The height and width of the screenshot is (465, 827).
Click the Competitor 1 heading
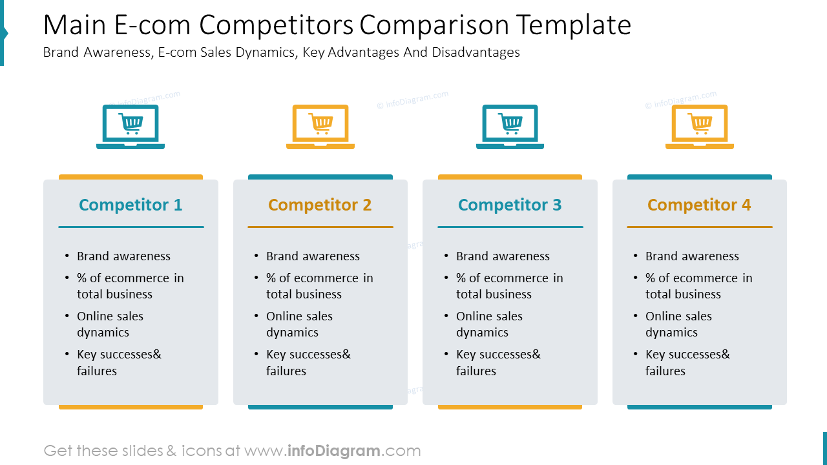[x=131, y=205]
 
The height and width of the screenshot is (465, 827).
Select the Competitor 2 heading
[x=320, y=205]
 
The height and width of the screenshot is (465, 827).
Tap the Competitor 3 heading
[x=510, y=205]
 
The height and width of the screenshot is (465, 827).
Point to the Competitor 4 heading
[x=699, y=205]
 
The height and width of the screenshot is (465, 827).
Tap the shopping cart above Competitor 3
[x=510, y=122]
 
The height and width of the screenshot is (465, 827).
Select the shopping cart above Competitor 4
[x=700, y=122]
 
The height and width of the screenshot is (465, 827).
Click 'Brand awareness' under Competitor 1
[x=123, y=256]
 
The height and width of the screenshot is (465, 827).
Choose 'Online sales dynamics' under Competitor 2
[x=299, y=324]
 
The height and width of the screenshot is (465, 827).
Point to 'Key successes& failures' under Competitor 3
[x=497, y=362]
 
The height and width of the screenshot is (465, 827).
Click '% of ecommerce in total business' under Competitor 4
[x=698, y=286]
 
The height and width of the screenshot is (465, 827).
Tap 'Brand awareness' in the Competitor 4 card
[x=692, y=256]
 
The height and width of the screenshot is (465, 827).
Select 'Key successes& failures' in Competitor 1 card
[x=119, y=362]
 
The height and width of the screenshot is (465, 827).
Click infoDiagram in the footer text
[x=333, y=451]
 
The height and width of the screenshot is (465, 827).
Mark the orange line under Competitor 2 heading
[x=320, y=227]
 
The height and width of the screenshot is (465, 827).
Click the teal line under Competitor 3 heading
[x=510, y=227]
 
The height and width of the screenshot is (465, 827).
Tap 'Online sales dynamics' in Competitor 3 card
[x=489, y=324]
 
